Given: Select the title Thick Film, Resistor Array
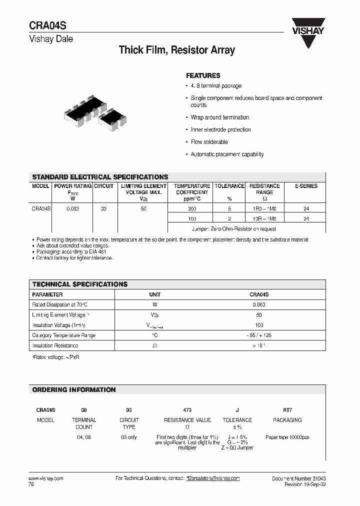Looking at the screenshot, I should tap(176, 50).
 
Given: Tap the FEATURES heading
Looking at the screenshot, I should tap(203, 75).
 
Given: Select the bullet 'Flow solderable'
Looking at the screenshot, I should tap(209, 142).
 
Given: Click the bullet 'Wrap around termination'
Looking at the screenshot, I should tap(219, 117).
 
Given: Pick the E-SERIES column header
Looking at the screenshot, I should tap(306, 186).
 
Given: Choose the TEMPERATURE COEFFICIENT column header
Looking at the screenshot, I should tap(192, 189).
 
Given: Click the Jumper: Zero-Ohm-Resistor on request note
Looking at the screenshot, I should tap(233, 228).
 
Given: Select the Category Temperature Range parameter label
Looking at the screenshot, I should tap(64, 335).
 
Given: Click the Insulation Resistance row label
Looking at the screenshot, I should tap(55, 345).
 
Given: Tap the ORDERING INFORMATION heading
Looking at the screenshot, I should tap(74, 389).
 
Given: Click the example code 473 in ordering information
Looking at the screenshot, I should tap(187, 409).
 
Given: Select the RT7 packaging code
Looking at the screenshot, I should tap(287, 409).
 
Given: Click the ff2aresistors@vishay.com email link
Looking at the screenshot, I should tap(213, 478).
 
